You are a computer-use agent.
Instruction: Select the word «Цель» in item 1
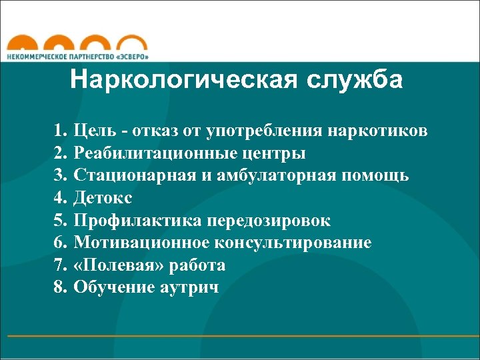coord(94,130)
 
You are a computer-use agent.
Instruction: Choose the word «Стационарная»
coord(133,175)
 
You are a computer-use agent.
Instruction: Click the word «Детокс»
coord(103,198)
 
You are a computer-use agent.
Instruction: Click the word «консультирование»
coord(291,243)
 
